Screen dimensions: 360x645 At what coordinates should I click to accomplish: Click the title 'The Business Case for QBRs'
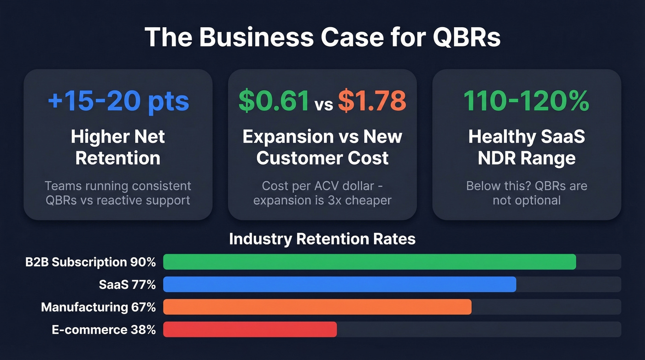322,37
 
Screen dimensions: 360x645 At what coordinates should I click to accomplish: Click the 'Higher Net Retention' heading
118,148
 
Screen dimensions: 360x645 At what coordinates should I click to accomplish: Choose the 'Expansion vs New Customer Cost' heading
322,148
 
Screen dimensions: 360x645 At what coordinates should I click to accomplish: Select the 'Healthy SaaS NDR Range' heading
526,148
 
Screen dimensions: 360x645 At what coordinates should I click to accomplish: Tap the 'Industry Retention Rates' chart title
322,239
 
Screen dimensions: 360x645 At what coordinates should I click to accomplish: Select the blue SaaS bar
340,284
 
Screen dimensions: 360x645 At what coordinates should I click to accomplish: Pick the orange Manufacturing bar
317,307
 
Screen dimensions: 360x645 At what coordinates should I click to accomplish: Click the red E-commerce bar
250,330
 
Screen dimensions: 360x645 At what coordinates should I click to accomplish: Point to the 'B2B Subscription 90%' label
91,262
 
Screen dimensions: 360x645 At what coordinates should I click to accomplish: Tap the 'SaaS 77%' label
127,285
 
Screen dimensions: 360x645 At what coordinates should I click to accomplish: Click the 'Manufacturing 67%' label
98,307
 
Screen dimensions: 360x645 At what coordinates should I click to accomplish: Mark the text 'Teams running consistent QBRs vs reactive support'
118,193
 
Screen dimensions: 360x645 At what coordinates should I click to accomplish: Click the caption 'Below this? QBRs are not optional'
526,193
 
